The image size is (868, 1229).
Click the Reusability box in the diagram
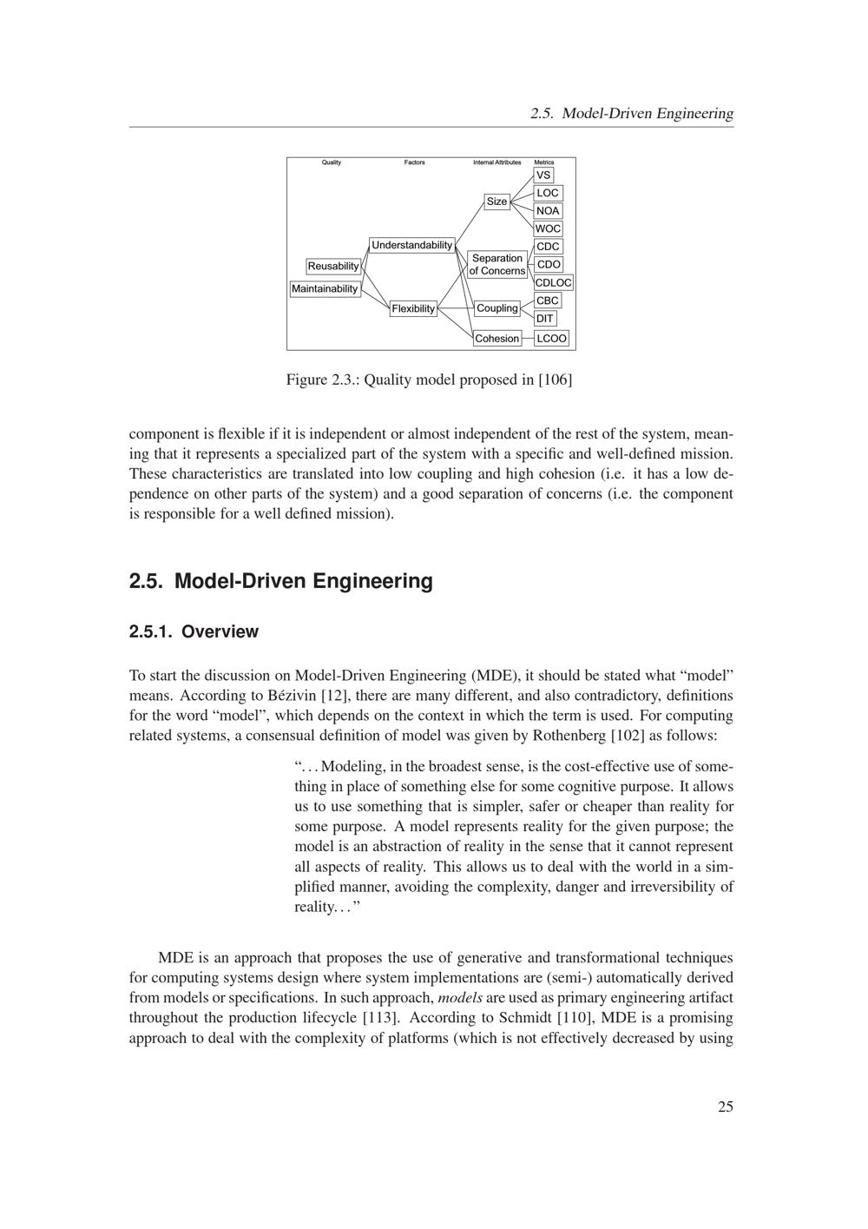(333, 266)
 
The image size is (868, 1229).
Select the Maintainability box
(325, 288)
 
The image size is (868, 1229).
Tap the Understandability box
(411, 245)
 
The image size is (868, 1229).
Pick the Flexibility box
(413, 308)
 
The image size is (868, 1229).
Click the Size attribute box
(496, 202)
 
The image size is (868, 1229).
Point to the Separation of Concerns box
(497, 264)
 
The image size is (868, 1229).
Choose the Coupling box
(497, 308)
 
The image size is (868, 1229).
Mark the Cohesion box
(497, 338)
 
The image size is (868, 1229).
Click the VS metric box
(543, 175)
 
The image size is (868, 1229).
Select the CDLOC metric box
(553, 282)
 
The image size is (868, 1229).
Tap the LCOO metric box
(551, 338)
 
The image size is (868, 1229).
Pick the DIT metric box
(544, 318)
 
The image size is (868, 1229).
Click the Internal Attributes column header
(496, 162)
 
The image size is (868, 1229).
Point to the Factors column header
(415, 162)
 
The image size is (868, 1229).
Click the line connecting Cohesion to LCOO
(528, 338)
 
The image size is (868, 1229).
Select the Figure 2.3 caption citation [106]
(555, 380)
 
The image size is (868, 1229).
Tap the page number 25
(725, 1107)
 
